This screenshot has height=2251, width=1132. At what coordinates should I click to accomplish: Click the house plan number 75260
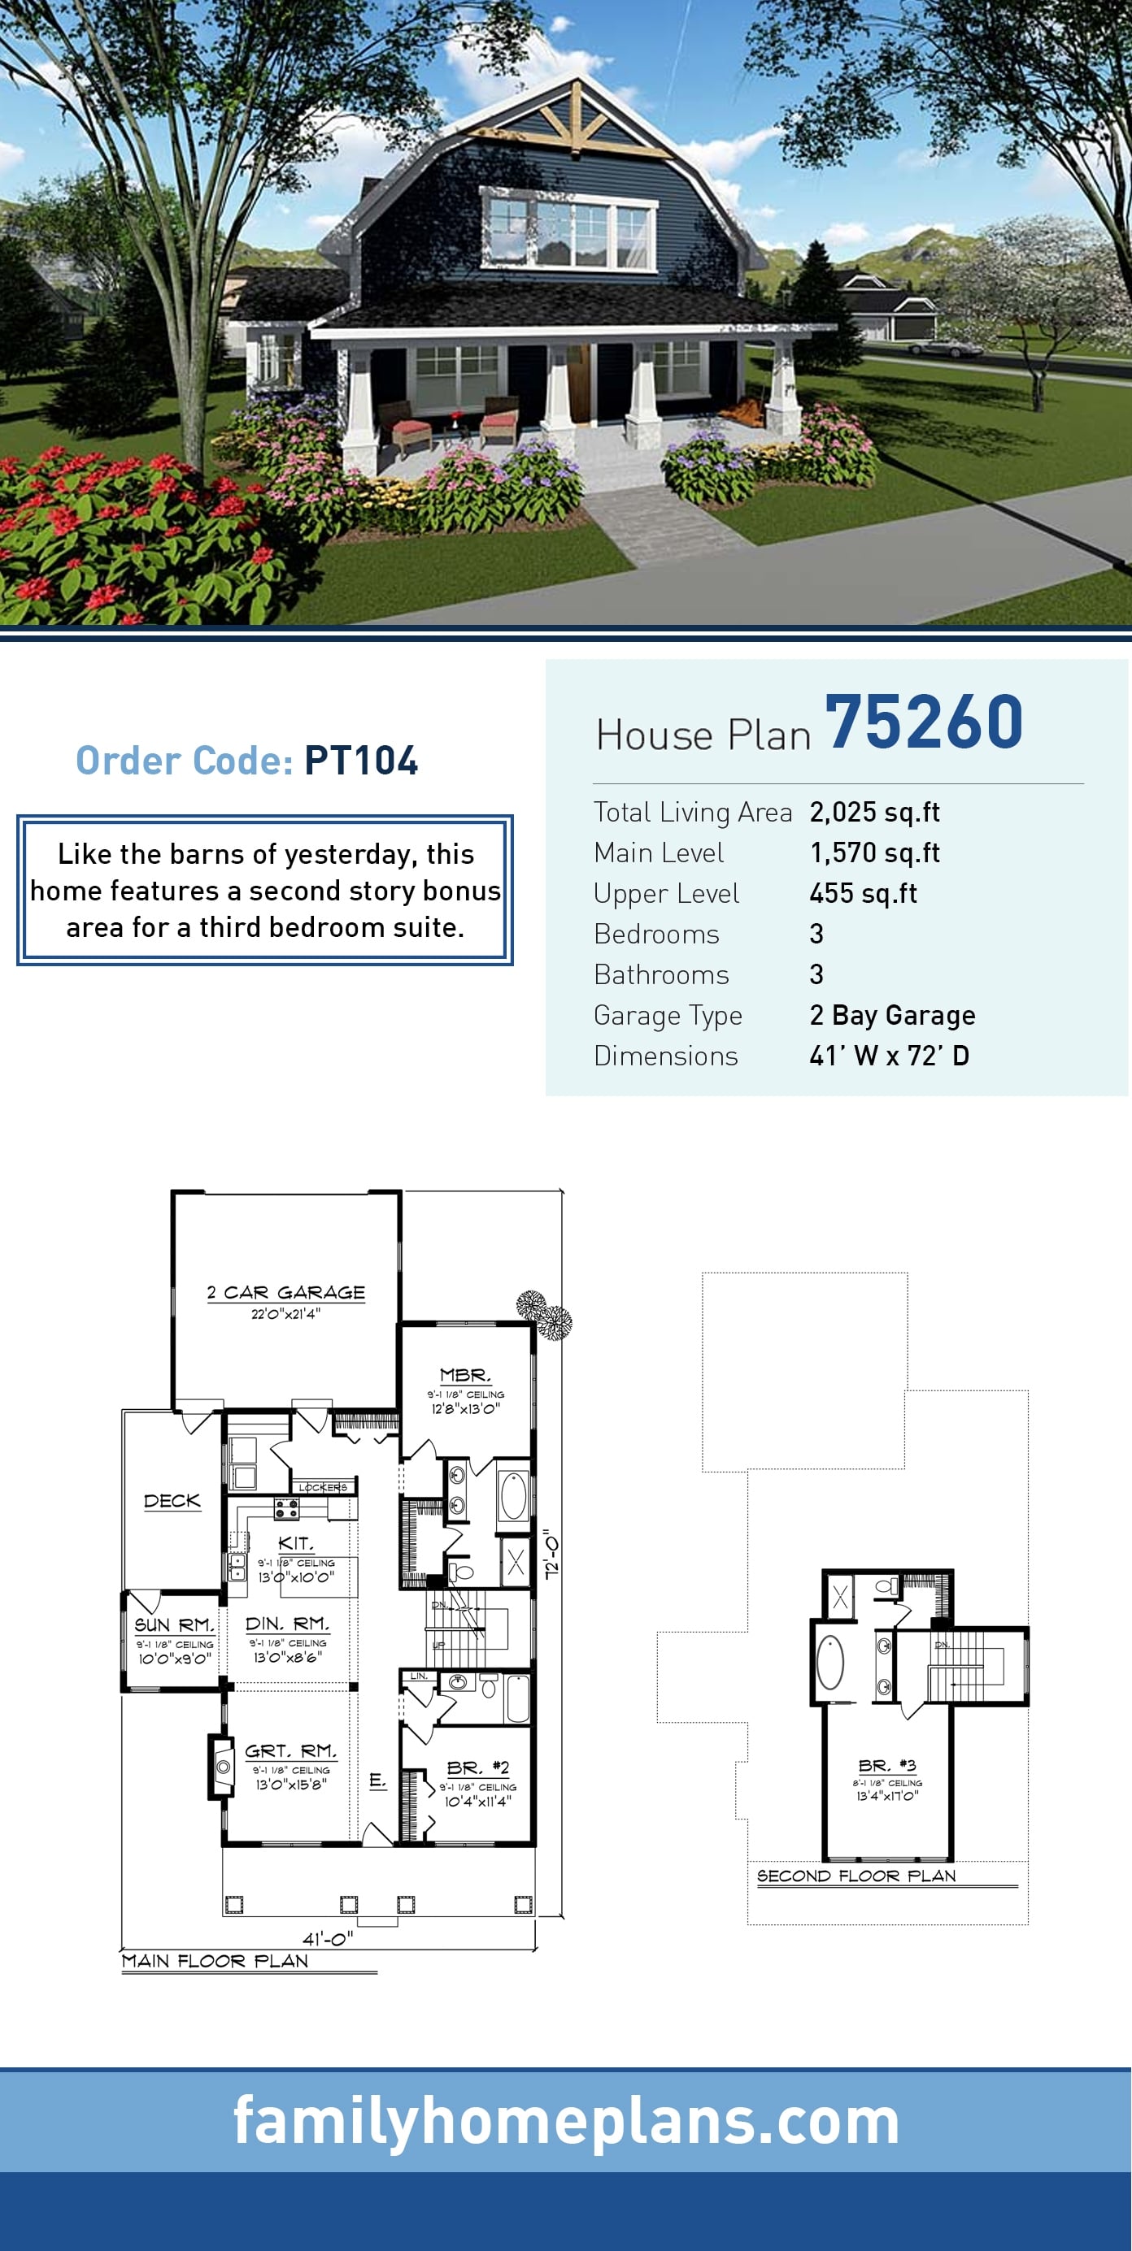[923, 722]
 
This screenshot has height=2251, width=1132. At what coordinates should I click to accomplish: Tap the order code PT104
[361, 761]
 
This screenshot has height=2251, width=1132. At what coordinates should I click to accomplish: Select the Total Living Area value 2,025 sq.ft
[874, 812]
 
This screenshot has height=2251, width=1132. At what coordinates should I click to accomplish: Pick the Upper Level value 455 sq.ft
[863, 893]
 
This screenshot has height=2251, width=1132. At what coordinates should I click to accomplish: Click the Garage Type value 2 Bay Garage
[891, 1016]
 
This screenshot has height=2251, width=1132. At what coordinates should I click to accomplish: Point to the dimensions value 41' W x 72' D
[888, 1056]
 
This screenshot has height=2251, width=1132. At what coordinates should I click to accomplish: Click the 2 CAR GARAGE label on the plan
[285, 1292]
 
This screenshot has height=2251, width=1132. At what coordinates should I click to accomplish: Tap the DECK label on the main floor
[172, 1500]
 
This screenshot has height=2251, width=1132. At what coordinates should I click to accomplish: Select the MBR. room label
[465, 1376]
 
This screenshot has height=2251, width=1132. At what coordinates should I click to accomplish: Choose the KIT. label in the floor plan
[295, 1543]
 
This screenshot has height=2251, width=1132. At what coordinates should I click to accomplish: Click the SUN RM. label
[174, 1624]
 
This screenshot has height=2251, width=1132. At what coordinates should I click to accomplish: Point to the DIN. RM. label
[288, 1624]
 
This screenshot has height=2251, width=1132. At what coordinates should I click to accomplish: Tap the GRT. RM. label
[290, 1751]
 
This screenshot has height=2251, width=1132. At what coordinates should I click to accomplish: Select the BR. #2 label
[477, 1767]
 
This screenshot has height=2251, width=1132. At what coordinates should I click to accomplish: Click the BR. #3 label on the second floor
[887, 1765]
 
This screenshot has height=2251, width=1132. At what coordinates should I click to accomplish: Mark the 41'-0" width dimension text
[328, 1939]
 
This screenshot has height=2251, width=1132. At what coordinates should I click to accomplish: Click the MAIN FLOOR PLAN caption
[215, 1961]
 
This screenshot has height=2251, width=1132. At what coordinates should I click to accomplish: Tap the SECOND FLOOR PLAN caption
[856, 1876]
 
